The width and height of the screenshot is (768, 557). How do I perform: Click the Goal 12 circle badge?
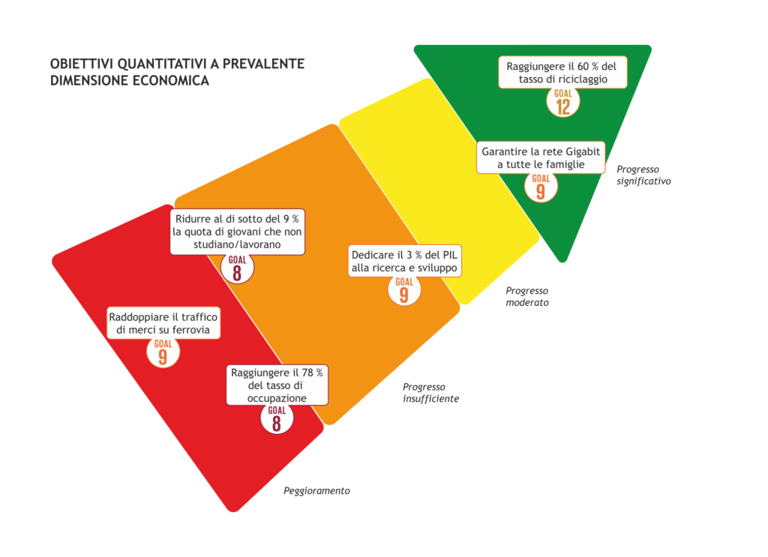(x=562, y=102)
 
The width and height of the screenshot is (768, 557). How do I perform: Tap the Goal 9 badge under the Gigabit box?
(x=541, y=187)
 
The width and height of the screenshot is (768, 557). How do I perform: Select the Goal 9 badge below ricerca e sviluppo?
(x=404, y=290)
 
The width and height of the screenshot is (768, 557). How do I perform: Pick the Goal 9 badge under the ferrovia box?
(x=163, y=352)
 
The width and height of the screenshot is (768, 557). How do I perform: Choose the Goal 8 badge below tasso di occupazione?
(x=277, y=418)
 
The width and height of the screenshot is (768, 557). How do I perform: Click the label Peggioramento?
(x=317, y=491)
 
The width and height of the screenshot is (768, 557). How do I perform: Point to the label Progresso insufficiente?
(x=431, y=393)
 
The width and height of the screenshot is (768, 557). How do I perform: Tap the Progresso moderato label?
(x=527, y=297)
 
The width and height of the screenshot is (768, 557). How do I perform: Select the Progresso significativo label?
(x=643, y=175)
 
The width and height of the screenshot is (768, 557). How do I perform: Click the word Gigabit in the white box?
(x=583, y=151)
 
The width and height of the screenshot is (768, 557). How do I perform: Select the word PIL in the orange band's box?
(x=450, y=255)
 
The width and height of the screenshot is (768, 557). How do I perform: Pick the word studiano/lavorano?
(x=237, y=244)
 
